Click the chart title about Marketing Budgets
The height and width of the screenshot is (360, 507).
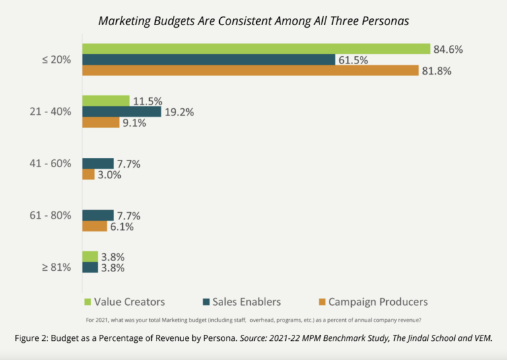253,20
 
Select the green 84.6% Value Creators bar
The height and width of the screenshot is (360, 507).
255,49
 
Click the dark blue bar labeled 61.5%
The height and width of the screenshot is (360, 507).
209,60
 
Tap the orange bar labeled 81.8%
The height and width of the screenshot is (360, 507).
250,71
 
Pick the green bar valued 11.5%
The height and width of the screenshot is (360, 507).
106,101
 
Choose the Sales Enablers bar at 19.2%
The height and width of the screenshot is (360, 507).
121,112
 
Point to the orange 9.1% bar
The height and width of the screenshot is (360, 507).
100,122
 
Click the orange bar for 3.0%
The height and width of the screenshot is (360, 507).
88,174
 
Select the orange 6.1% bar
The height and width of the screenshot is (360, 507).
94,227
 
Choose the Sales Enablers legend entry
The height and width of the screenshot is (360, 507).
242,302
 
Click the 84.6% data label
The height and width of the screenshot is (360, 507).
447,49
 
